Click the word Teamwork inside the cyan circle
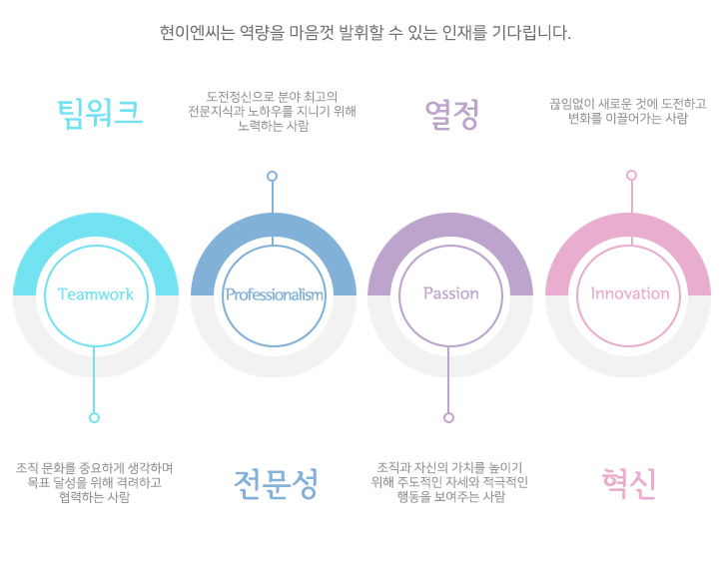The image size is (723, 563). [96, 293]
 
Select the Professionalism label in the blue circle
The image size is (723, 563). [274, 294]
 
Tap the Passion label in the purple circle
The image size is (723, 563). [450, 293]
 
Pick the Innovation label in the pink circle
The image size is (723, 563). [629, 293]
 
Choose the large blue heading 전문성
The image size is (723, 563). [277, 483]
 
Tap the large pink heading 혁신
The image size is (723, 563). [629, 483]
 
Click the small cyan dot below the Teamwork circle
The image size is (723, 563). [95, 417]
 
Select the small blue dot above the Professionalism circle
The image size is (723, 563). [273, 177]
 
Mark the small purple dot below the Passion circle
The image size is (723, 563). [449, 417]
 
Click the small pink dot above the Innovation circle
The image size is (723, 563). [631, 176]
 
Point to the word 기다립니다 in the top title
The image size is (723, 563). [529, 32]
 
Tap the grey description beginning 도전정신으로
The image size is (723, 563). [273, 112]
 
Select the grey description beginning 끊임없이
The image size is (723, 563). [628, 111]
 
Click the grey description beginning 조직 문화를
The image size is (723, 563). [95, 482]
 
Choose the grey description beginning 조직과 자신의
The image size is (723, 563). [450, 482]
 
